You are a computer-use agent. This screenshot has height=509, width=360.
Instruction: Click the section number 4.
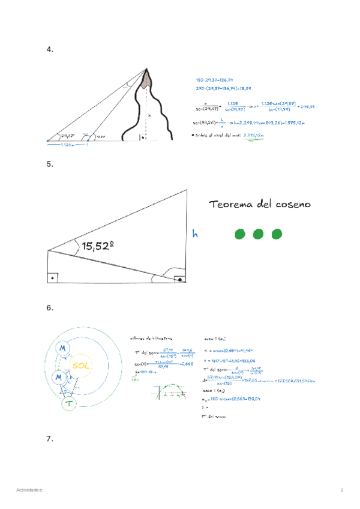[50, 50]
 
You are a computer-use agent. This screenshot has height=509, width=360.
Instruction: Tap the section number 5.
[50, 163]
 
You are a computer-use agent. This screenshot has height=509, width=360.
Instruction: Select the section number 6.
[50, 308]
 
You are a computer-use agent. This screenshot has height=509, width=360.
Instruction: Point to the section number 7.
[50, 439]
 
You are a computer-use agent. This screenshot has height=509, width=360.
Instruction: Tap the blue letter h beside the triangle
[194, 233]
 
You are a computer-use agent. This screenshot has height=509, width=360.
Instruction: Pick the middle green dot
[258, 234]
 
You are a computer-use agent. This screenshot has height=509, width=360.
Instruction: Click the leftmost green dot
[240, 234]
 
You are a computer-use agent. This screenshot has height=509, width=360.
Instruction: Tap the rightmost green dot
[277, 234]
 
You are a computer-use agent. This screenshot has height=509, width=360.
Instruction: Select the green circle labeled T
[70, 405]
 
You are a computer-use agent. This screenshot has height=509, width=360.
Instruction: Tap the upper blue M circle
[62, 348]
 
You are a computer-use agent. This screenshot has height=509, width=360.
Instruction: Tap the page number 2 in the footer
[341, 490]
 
